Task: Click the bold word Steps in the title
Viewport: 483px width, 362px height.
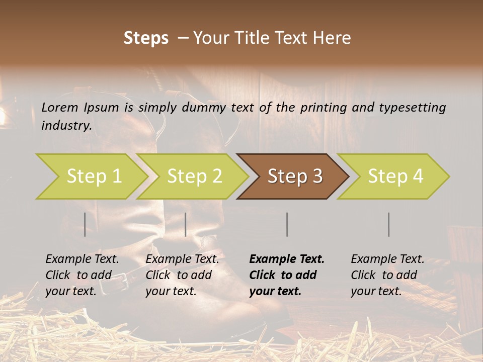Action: pyautogui.click(x=146, y=38)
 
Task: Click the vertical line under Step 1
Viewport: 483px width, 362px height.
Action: pyautogui.click(x=85, y=224)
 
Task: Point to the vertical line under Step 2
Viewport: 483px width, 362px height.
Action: pyautogui.click(x=186, y=224)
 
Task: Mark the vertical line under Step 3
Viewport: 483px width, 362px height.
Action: pyautogui.click(x=287, y=224)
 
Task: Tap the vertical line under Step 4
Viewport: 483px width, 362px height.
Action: pyautogui.click(x=389, y=224)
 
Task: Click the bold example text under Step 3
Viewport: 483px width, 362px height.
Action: pyautogui.click(x=287, y=275)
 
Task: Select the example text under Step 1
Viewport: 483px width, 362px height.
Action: pyautogui.click(x=83, y=275)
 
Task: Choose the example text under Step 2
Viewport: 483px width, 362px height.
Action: pyautogui.click(x=182, y=275)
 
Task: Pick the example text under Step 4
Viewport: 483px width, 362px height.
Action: pyautogui.click(x=387, y=275)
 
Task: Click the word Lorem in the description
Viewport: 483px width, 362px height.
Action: pyautogui.click(x=60, y=107)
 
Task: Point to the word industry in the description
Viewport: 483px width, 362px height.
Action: pyautogui.click(x=66, y=126)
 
